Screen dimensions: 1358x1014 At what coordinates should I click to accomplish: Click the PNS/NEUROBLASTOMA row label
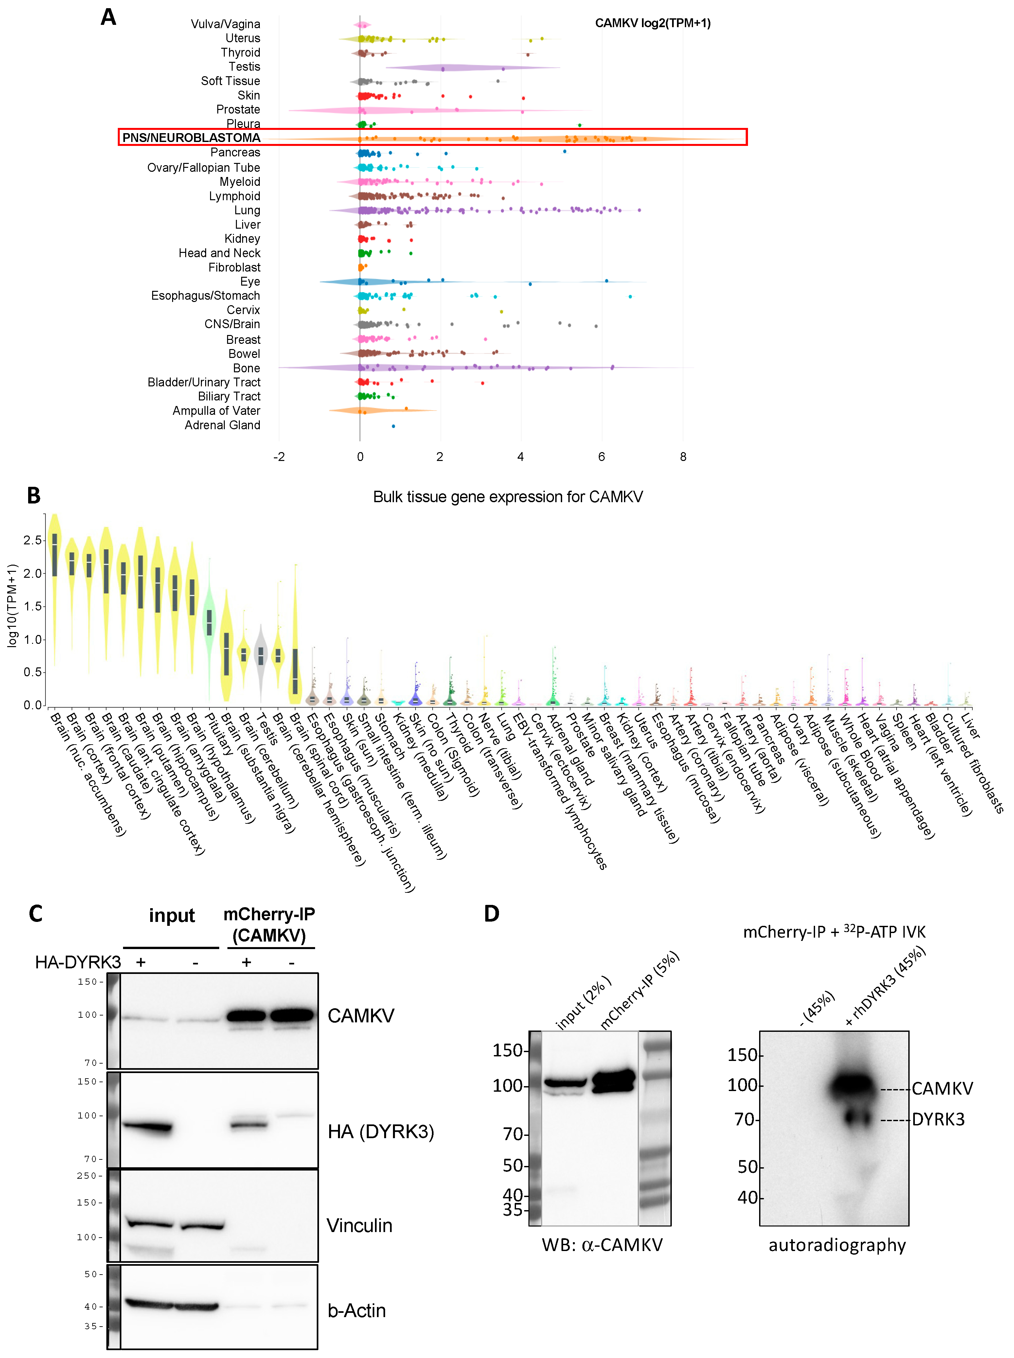(x=191, y=137)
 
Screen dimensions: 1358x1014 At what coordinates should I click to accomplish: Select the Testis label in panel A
(x=244, y=66)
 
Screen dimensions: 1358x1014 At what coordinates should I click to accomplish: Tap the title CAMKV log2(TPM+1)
(x=652, y=23)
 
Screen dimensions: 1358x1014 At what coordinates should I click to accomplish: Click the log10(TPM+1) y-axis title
(x=12, y=606)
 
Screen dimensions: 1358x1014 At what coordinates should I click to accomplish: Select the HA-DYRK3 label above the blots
(x=78, y=961)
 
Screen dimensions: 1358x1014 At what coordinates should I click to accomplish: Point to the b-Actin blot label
(x=357, y=1310)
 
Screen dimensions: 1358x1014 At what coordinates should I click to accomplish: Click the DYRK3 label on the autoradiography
(x=938, y=1119)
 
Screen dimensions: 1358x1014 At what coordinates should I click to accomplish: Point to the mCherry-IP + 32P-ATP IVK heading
(x=833, y=931)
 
